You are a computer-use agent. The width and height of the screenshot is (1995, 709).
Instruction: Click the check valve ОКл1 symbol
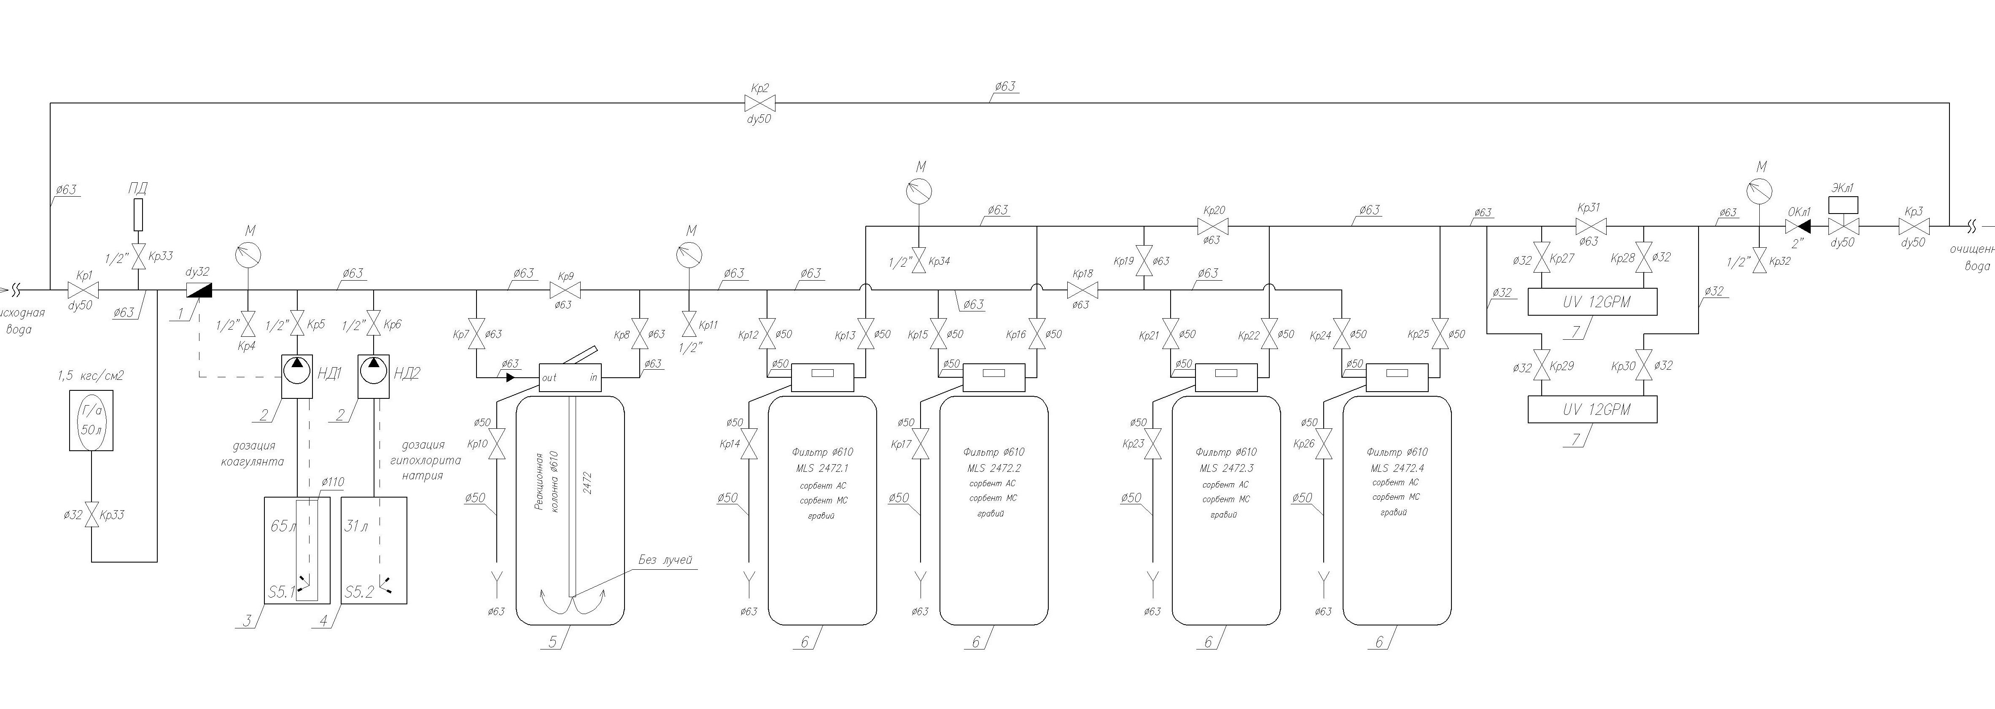point(1798,227)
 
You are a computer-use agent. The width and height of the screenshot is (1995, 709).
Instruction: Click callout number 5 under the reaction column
point(552,641)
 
